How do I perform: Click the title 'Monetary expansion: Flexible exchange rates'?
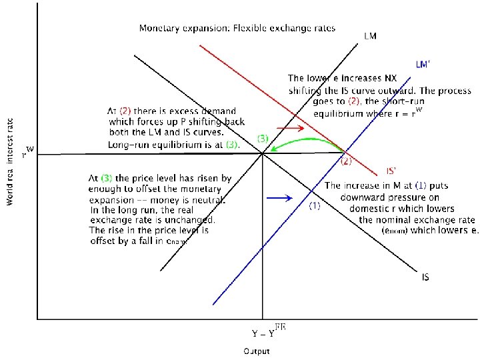tap(237, 29)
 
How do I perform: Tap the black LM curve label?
tap(370, 36)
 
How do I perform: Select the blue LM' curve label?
tap(423, 65)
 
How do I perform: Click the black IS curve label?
tap(425, 276)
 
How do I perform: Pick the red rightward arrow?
tap(289, 128)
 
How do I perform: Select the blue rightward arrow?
tap(278, 198)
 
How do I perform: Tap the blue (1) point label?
tap(315, 206)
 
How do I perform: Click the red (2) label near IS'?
tap(347, 161)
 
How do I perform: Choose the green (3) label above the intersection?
tap(263, 139)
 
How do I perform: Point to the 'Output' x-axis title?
tap(256, 351)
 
